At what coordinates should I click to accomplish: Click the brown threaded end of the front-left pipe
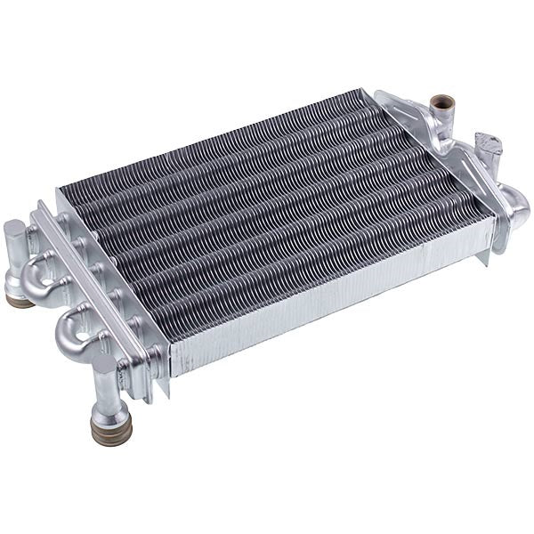click(110, 430)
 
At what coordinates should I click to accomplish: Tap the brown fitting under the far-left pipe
click(20, 300)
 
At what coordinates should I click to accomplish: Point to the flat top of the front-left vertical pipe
click(104, 364)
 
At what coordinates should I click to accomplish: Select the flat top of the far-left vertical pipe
click(15, 228)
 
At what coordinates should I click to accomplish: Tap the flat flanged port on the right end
click(488, 142)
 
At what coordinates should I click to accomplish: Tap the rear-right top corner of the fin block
click(360, 91)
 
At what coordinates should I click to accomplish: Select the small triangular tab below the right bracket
click(483, 258)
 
